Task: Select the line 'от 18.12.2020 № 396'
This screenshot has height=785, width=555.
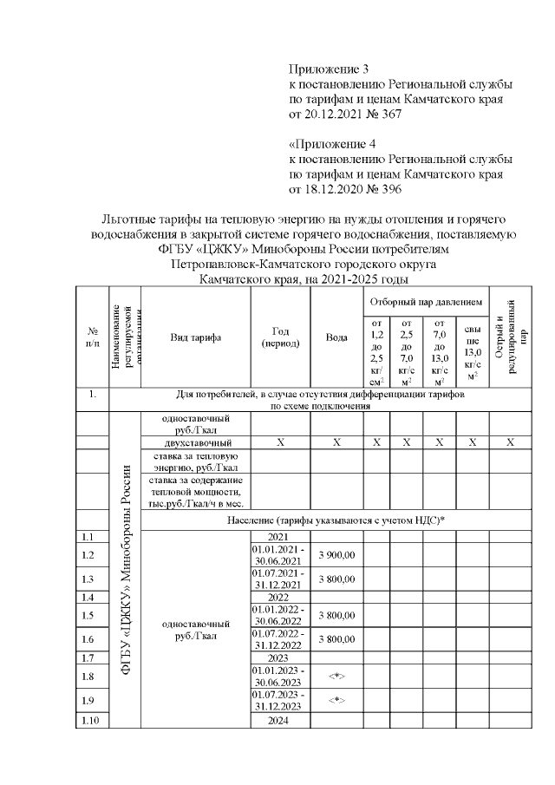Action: (344, 190)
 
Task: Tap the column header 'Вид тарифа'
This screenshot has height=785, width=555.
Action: (195, 337)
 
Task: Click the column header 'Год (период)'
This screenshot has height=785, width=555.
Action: (280, 337)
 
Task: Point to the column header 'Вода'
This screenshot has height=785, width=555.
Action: (336, 337)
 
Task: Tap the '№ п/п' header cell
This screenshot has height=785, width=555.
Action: (92, 337)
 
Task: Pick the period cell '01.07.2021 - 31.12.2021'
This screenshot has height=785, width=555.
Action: (280, 578)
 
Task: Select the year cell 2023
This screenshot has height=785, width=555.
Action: (279, 658)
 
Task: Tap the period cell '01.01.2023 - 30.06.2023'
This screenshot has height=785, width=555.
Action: (280, 676)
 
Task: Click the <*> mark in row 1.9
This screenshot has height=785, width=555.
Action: (336, 699)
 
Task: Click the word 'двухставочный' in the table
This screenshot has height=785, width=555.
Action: (195, 442)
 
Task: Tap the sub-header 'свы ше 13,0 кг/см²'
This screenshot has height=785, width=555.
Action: (472, 352)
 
